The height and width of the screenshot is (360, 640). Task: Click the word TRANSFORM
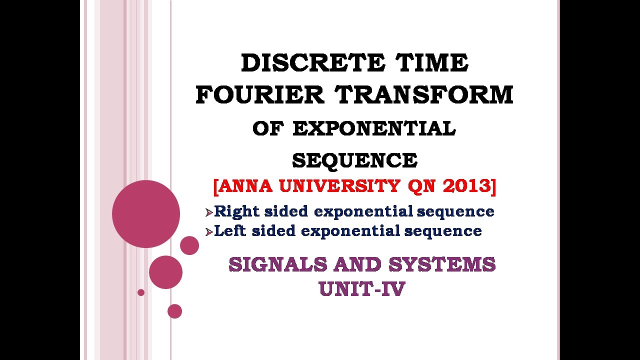424,95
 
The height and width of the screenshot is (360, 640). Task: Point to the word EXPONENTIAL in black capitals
374,129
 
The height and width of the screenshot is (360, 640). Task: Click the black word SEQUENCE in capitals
354,160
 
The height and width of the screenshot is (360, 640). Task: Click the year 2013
467,186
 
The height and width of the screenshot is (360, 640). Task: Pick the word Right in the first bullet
236,211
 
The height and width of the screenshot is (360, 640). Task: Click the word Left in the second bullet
230,231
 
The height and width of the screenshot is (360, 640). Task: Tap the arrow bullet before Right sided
209,212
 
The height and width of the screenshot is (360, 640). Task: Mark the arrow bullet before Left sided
209,232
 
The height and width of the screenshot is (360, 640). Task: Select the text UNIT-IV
361,289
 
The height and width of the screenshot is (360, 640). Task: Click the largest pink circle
146,214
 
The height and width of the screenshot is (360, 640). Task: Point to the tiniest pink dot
141,292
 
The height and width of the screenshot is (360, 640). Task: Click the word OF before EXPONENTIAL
267,129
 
